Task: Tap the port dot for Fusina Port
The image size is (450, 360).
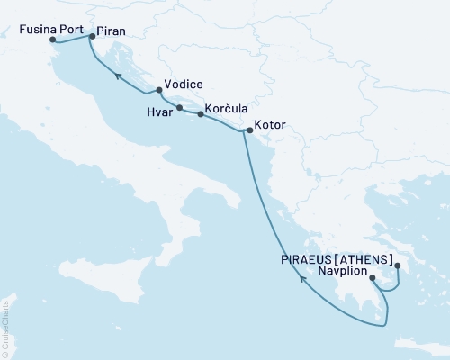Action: click(53, 40)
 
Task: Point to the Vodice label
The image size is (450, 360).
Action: click(183, 81)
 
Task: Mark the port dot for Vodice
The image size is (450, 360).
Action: click(159, 90)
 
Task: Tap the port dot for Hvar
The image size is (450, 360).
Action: click(180, 108)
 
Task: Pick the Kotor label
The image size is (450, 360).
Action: click(270, 125)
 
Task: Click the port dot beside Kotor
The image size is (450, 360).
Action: click(249, 130)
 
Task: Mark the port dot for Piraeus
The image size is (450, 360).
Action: click(397, 265)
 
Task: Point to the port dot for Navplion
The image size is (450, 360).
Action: click(373, 278)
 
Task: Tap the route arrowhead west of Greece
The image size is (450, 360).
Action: click(302, 279)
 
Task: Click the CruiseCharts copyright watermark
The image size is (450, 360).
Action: click(5, 325)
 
